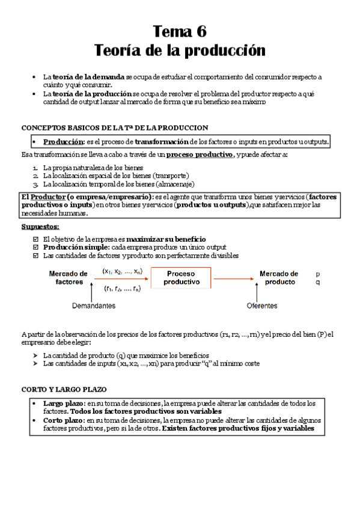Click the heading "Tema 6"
pyautogui.click(x=180, y=31)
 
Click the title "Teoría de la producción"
pyautogui.click(x=180, y=51)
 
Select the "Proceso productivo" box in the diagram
pyautogui.click(x=181, y=277)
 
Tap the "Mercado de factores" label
pyautogui.click(x=68, y=277)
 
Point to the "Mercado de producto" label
pyautogui.click(x=279, y=277)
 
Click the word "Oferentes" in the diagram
pyautogui.click(x=262, y=306)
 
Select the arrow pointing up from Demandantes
pyautogui.click(x=90, y=293)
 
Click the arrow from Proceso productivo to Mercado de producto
pyautogui.click(x=232, y=278)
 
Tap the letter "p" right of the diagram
pyautogui.click(x=318, y=274)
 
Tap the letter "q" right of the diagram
pyautogui.click(x=318, y=282)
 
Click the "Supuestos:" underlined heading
pyautogui.click(x=40, y=227)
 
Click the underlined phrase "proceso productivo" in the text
pyautogui.click(x=200, y=155)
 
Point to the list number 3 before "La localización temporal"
pyautogui.click(x=35, y=184)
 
